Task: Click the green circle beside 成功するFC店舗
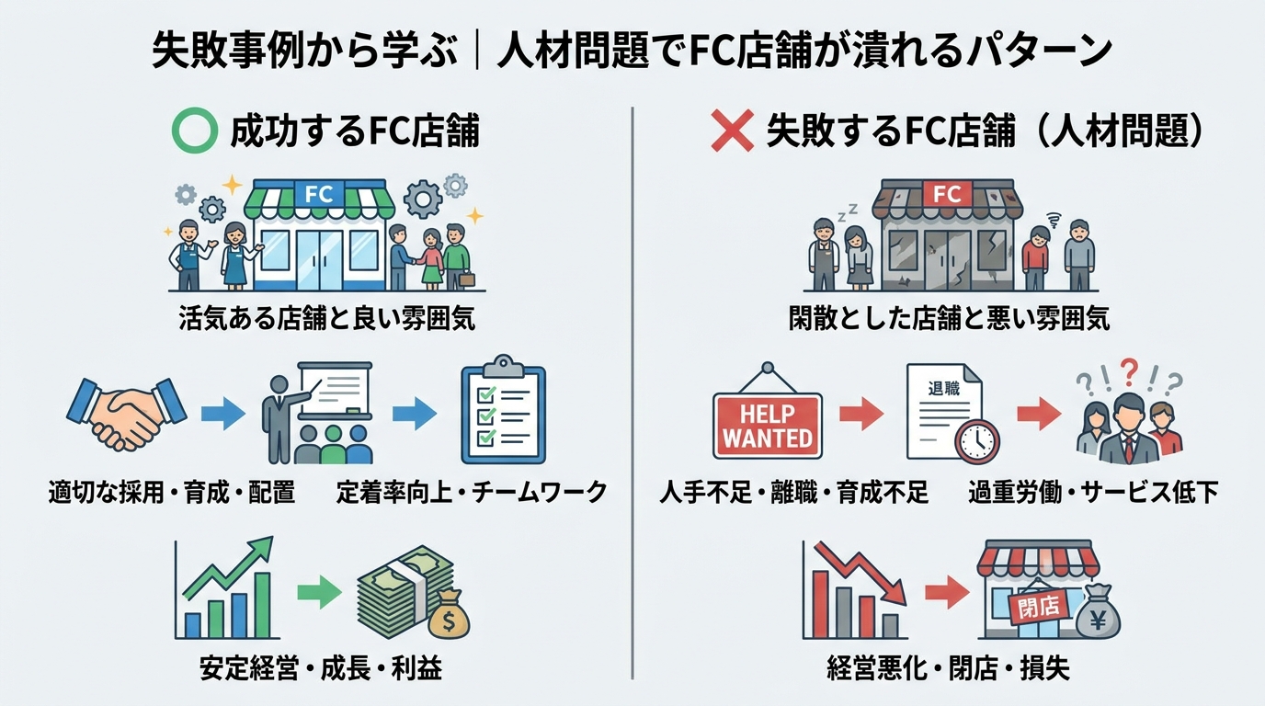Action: (x=195, y=131)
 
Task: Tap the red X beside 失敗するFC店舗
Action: (x=733, y=131)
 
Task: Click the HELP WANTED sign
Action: (x=768, y=425)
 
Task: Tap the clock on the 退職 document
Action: (x=977, y=442)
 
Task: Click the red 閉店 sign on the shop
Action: (x=1038, y=604)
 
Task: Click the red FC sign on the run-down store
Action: (x=946, y=194)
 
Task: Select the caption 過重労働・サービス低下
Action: (x=1093, y=493)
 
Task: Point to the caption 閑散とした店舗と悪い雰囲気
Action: (x=949, y=318)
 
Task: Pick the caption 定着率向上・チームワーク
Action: (x=472, y=493)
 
